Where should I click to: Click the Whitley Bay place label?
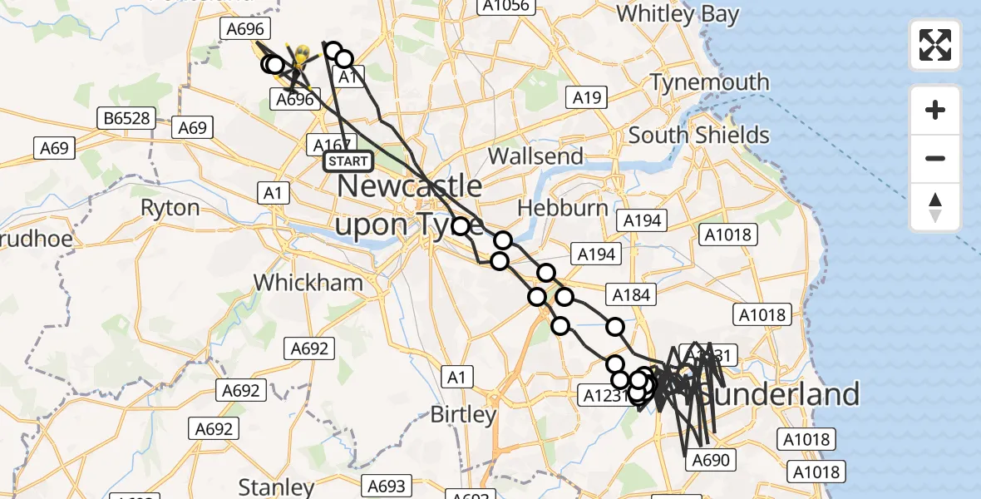coord(678,14)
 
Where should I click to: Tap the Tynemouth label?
coord(709,82)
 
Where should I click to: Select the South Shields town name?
coord(699,135)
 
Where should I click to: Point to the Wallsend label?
coord(535,156)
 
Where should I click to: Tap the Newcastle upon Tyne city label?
coord(407,205)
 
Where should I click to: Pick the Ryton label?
coord(170,207)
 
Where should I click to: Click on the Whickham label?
coord(308,282)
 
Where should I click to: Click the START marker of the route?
coord(348,161)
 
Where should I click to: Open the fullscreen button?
coord(935,44)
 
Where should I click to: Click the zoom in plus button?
coord(935,110)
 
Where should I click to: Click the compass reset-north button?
coord(935,207)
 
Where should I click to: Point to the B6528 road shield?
coord(127,118)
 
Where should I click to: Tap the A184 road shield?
coord(631,294)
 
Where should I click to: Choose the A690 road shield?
coord(709,460)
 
